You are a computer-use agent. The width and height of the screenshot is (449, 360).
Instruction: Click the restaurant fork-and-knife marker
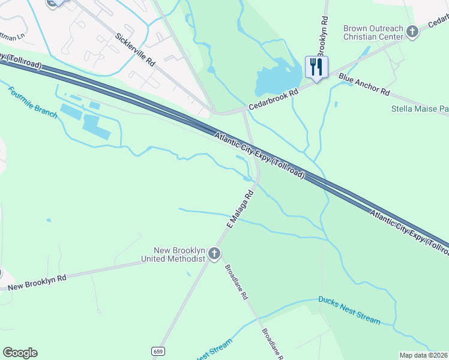pyautogui.click(x=316, y=66)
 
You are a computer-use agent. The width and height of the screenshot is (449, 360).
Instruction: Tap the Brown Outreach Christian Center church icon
pyautogui.click(x=412, y=31)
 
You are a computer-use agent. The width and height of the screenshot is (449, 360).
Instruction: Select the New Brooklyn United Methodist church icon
pyautogui.click(x=214, y=254)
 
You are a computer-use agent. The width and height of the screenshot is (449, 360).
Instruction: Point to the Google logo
pyautogui.click(x=20, y=353)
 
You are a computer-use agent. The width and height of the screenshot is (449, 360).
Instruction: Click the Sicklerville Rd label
pyautogui.click(x=135, y=50)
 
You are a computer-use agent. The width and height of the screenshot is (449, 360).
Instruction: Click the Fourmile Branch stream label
pyautogui.click(x=32, y=103)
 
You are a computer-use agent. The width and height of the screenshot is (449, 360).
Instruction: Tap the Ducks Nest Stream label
pyautogui.click(x=349, y=310)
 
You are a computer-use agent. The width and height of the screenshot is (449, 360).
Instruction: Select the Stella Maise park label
pyautogui.click(x=420, y=109)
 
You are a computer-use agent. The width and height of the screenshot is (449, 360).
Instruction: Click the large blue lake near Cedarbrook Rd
pyautogui.click(x=277, y=77)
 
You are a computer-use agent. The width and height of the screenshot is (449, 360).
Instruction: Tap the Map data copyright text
pyautogui.click(x=423, y=355)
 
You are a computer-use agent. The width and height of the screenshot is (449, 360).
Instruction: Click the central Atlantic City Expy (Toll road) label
pyautogui.click(x=260, y=155)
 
